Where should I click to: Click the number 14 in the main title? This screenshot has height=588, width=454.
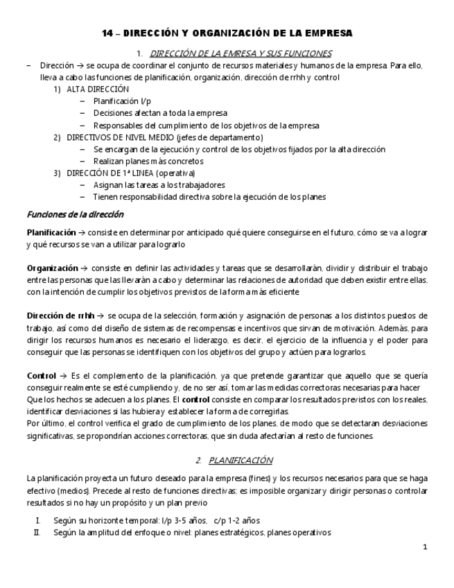[107, 33]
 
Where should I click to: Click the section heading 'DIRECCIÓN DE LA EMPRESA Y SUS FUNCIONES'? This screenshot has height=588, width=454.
[241, 53]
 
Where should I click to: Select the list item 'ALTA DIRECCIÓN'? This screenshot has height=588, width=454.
[98, 89]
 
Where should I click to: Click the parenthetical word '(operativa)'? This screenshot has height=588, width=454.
[175, 173]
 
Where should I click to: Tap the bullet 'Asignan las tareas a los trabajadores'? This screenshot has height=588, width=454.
[159, 184]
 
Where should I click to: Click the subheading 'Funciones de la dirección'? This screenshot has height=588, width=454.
[75, 214]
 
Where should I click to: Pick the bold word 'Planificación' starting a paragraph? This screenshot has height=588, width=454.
[51, 232]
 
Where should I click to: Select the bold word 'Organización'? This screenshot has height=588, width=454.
[52, 268]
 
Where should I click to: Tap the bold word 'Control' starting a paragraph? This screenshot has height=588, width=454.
[41, 375]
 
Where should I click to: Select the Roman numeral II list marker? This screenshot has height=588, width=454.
[37, 533]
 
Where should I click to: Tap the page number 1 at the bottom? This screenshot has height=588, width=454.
[425, 548]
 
